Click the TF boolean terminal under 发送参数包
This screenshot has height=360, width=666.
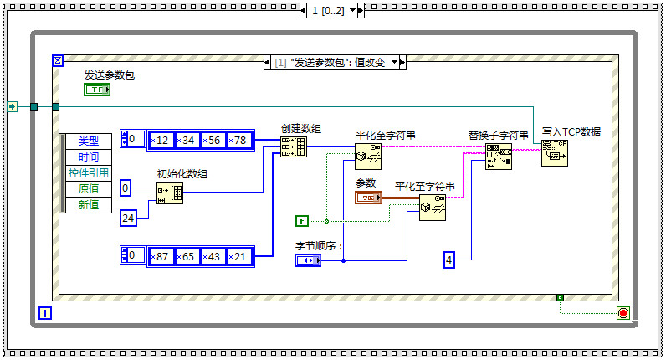pos(97,89)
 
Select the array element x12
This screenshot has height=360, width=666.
pos(161,139)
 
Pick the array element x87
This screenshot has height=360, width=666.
pos(161,255)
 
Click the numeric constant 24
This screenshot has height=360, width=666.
pos(128,219)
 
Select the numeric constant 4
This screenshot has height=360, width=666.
pos(449,260)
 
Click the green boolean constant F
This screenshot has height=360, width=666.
pos(302,221)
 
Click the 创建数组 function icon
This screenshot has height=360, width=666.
pos(294,147)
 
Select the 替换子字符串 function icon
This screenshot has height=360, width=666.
pos(499,156)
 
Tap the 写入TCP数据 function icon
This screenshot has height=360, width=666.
pos(554,153)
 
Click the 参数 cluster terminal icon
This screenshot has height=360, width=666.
pos(368,198)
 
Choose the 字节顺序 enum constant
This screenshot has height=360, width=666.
pos(307,260)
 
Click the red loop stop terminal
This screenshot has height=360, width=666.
pos(622,313)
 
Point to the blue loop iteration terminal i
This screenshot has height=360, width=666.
pos(45,313)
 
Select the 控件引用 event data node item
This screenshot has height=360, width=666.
pos(88,173)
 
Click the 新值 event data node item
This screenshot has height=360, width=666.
pos(88,205)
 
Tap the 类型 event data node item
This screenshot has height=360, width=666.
pos(88,141)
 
